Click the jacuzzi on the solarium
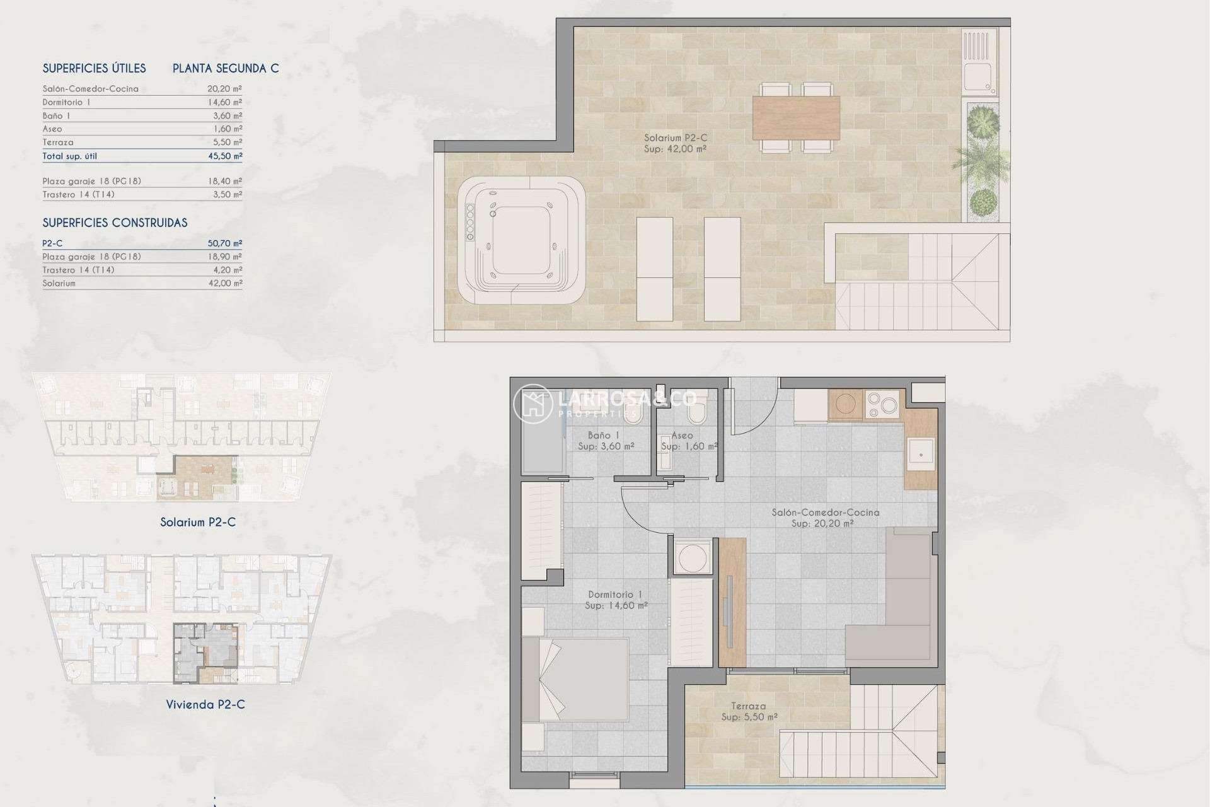pyautogui.click(x=521, y=240)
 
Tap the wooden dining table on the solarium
pyautogui.click(x=796, y=117)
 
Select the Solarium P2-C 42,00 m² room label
pyautogui.click(x=675, y=143)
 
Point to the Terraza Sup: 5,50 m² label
pyautogui.click(x=749, y=712)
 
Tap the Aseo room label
pyautogui.click(x=683, y=436)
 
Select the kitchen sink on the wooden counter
pyautogui.click(x=921, y=453)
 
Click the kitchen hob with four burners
pyautogui.click(x=883, y=405)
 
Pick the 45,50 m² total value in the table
pyautogui.click(x=224, y=156)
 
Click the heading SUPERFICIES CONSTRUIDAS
pyautogui.click(x=115, y=223)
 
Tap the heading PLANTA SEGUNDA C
pyautogui.click(x=226, y=68)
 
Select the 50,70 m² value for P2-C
pyautogui.click(x=224, y=243)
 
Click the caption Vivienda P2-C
pyautogui.click(x=205, y=704)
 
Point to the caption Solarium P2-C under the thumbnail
pyautogui.click(x=198, y=522)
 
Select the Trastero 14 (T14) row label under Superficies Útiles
pyautogui.click(x=78, y=194)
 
